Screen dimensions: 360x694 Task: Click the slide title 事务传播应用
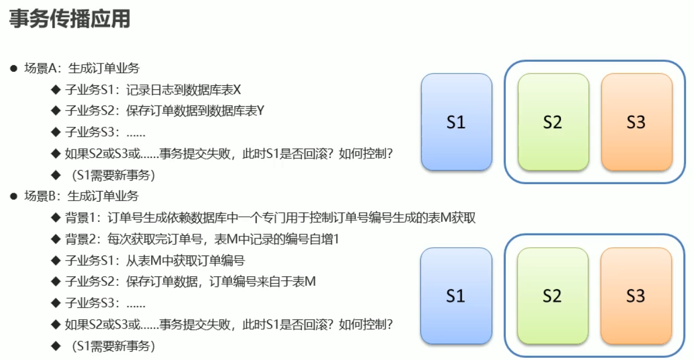70,19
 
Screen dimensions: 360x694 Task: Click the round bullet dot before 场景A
13,69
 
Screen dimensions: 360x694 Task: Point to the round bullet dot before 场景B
13,196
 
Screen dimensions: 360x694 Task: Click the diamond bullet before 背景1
55,217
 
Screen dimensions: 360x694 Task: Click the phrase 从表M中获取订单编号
185,260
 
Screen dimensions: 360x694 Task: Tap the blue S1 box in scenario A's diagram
456,122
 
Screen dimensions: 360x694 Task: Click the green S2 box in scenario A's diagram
552,122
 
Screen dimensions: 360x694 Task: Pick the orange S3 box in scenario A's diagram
636,122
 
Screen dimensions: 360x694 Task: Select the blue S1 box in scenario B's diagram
456,296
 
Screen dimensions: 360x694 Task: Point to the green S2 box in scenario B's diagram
552,296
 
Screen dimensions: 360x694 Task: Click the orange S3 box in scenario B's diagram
636,296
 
